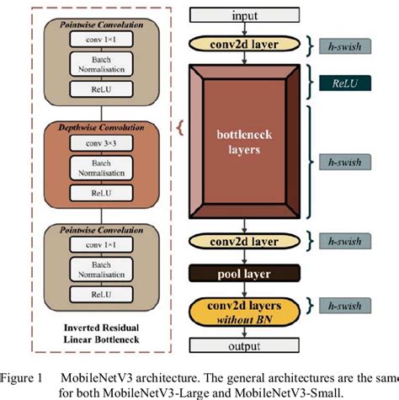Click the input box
pos(244,15)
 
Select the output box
pos(244,344)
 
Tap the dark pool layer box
pos(244,273)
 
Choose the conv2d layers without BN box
pos(244,308)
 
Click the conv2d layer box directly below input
pos(244,43)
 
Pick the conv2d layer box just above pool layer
pos(244,241)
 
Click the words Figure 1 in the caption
pos(29,375)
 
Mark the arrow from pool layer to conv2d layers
pos(244,288)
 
